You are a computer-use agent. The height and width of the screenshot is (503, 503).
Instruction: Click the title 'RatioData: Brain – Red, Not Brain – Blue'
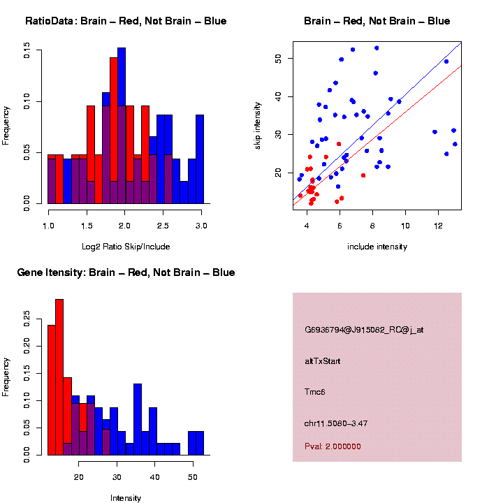click(x=126, y=21)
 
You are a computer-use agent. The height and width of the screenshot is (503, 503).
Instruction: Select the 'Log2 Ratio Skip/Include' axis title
click(x=125, y=246)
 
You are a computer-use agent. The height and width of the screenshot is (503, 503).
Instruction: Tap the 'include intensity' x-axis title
click(x=377, y=247)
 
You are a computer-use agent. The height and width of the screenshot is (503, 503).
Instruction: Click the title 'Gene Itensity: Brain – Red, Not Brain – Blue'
click(x=126, y=272)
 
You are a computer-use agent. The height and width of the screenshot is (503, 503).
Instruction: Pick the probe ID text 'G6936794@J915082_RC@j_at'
click(x=364, y=330)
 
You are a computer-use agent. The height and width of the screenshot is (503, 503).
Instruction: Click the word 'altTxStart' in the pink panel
click(x=323, y=361)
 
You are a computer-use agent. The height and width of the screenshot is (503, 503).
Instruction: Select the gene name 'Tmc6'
click(x=315, y=392)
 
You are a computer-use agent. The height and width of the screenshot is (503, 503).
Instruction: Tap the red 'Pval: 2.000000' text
click(x=333, y=446)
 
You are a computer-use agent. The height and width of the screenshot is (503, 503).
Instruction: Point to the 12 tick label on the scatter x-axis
click(x=438, y=225)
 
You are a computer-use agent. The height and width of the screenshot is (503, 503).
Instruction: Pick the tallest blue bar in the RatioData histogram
click(x=122, y=126)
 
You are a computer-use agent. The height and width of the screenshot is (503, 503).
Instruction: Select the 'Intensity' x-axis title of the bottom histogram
click(x=126, y=498)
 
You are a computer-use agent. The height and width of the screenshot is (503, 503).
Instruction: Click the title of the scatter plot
click(x=377, y=21)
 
